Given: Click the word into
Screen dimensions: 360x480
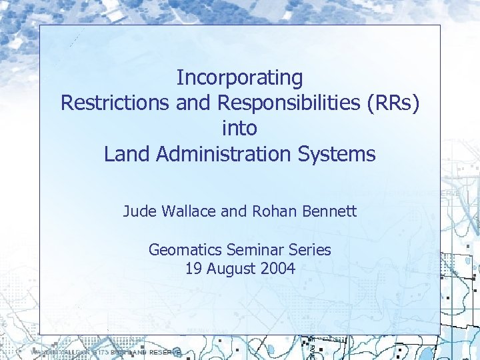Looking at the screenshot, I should [x=239, y=128].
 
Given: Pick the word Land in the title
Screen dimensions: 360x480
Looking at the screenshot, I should [x=127, y=154].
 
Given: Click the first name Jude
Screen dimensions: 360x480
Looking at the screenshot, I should [x=139, y=212].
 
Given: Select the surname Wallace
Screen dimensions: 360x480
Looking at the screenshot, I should [x=187, y=212].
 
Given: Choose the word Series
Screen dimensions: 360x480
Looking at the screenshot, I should [x=311, y=251].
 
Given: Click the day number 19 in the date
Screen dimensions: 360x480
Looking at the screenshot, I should [x=193, y=269].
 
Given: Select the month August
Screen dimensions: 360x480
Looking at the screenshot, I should [x=231, y=269].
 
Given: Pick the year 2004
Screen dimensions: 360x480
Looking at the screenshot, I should [x=279, y=269].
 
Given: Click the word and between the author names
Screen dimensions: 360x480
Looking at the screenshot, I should [x=233, y=212].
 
